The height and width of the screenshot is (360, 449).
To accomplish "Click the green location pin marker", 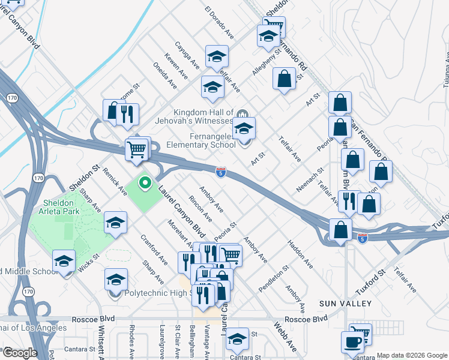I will point(144,182).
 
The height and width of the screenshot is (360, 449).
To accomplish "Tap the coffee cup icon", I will point(353,343).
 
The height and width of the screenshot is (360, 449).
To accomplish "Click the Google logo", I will point(19,353).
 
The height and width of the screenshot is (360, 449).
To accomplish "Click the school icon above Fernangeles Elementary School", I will point(244,128).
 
